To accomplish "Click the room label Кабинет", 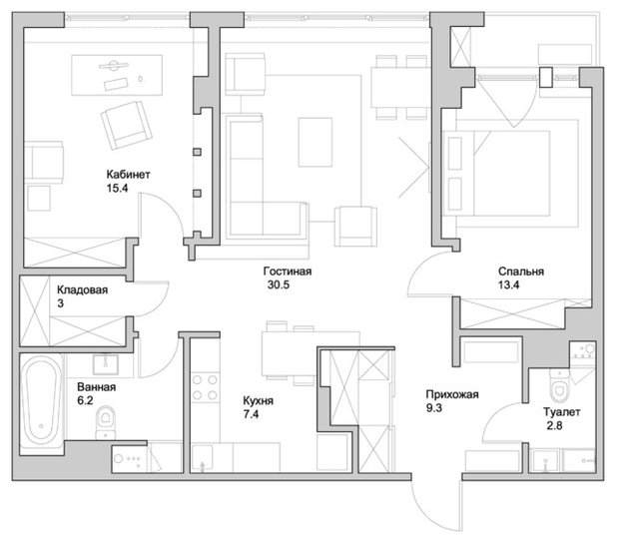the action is (128, 175).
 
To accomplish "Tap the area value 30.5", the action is (279, 284).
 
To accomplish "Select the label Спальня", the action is (521, 271).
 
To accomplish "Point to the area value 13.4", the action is (509, 284).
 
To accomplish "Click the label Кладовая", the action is (82, 290).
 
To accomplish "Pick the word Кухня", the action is (259, 400).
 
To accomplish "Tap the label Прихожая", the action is (452, 394).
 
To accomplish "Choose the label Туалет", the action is (561, 412).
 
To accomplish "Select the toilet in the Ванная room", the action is (106, 422).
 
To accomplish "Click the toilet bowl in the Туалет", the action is (559, 383).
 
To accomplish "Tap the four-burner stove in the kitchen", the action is (205, 387).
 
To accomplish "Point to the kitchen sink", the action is (202, 458).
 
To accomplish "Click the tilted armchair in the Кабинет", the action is (127, 125).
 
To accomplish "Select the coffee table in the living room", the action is (315, 142).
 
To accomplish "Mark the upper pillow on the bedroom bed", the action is (455, 154).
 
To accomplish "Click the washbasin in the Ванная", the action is (106, 365).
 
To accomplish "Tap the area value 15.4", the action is (117, 188).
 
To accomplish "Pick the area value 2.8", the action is (554, 425).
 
